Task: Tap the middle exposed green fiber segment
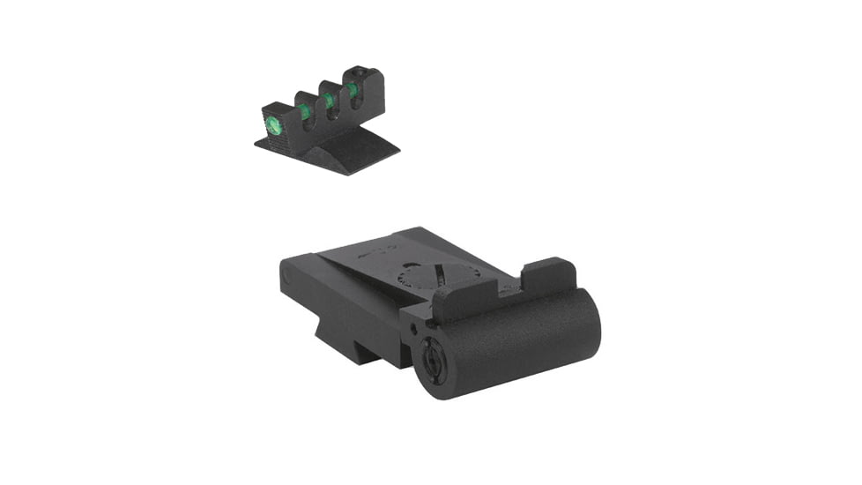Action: pyautogui.click(x=328, y=101)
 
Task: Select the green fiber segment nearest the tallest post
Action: pyautogui.click(x=352, y=90)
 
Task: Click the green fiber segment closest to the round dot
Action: pyautogui.click(x=304, y=112)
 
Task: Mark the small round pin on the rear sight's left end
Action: pyautogui.click(x=285, y=273)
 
